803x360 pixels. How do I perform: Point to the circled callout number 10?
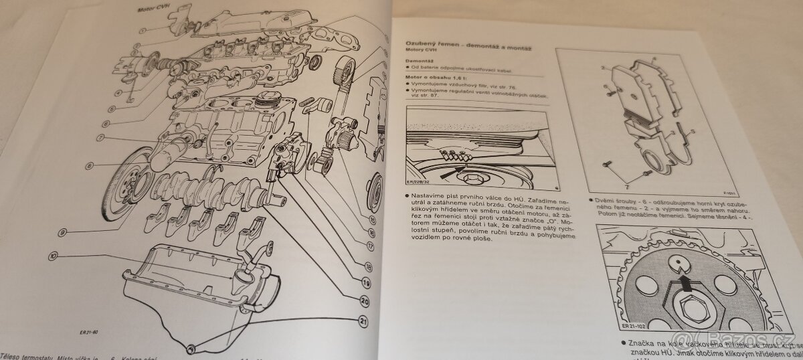click(53, 255)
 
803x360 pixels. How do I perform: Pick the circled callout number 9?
click(62, 232)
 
